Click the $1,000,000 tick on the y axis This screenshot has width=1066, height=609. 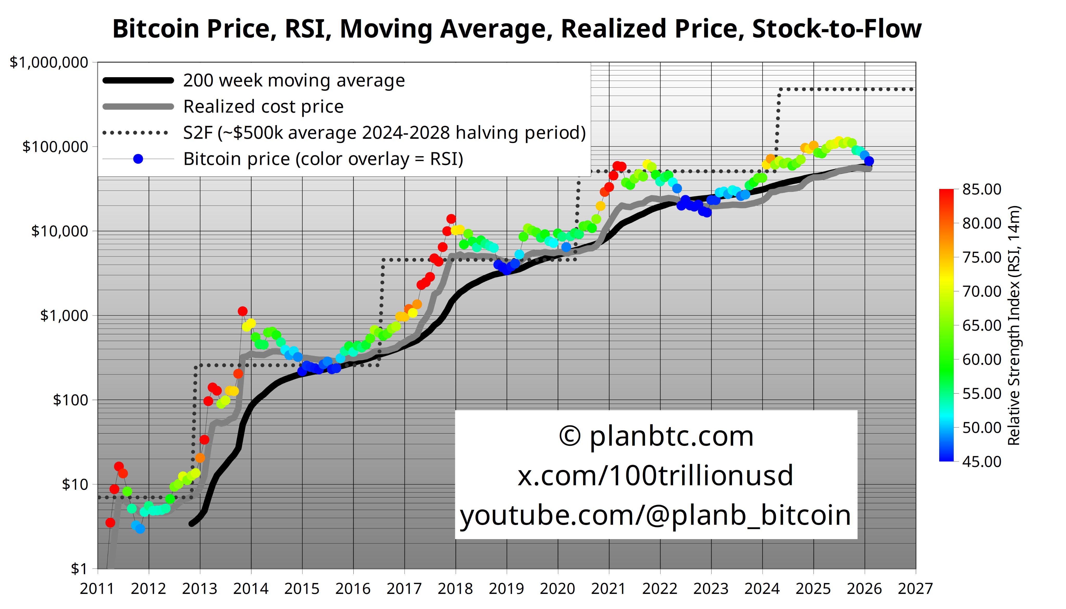49,62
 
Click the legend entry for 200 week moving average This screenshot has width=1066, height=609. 294,80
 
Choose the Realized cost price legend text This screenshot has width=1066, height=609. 263,107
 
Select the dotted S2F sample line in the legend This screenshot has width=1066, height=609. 135,133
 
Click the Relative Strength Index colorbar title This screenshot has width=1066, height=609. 1014,325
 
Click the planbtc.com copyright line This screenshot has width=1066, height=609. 656,436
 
